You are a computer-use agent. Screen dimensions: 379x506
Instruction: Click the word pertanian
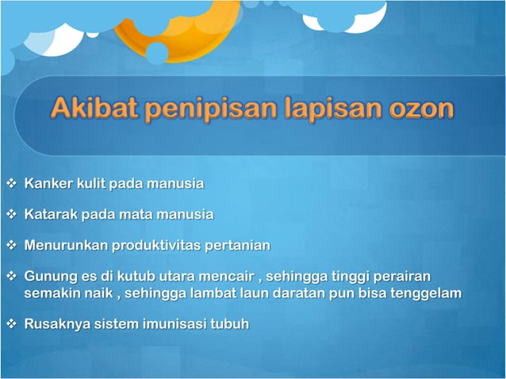click(238, 245)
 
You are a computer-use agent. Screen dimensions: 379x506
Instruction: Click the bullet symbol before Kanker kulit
click(10, 184)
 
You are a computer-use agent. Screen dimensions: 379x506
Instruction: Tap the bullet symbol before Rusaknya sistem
click(10, 323)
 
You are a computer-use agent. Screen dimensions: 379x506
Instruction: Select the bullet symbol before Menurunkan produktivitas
click(10, 245)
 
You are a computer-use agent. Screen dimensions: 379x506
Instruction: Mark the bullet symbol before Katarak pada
click(10, 214)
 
